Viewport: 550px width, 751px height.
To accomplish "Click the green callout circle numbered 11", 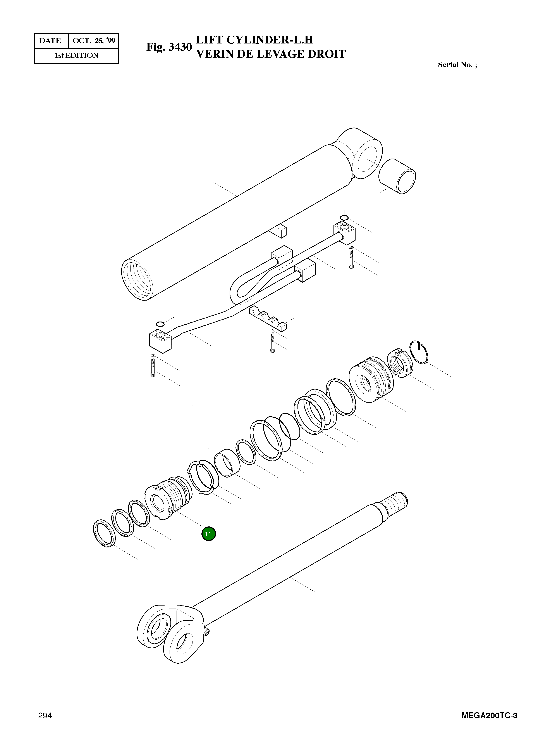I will [x=208, y=534].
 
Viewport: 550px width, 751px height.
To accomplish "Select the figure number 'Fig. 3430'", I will [x=169, y=47].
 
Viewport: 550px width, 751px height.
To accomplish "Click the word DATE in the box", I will [x=50, y=41].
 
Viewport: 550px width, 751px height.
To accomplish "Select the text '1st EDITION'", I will [x=77, y=55].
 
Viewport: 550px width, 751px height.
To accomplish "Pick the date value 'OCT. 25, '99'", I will [x=94, y=41].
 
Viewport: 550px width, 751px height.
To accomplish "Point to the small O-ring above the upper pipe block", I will [x=344, y=218].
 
